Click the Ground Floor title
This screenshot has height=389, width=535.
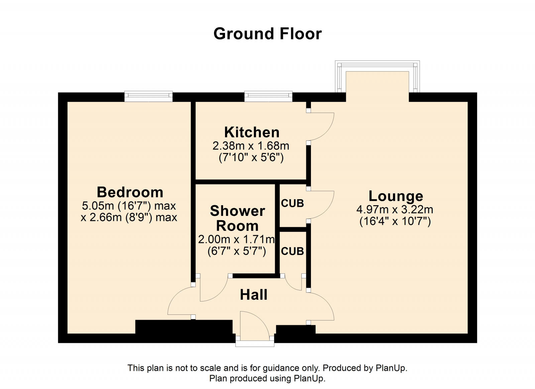(267, 34)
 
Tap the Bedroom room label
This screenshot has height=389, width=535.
(130, 192)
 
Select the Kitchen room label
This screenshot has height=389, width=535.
(252, 132)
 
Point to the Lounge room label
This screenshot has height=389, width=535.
(396, 196)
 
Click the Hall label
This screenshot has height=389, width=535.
(254, 295)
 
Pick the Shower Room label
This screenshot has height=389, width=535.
(237, 218)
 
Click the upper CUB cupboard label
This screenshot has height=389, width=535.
(292, 203)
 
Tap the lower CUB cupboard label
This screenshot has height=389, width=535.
(292, 251)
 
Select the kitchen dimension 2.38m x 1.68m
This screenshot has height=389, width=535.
(251, 146)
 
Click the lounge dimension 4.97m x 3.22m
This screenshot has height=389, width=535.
(395, 210)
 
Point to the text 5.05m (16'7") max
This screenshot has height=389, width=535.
(129, 206)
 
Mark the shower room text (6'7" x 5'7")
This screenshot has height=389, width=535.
(237, 251)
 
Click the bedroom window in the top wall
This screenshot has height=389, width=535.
(148, 96)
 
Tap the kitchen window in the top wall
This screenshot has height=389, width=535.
(268, 96)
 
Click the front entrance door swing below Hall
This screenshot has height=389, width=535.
(254, 326)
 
